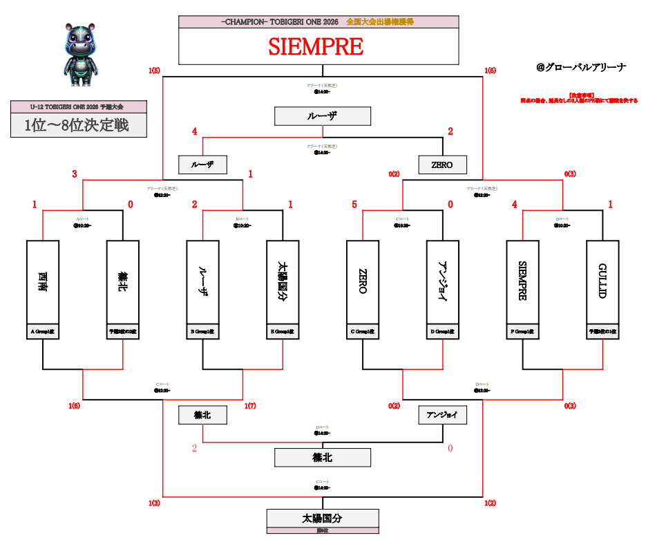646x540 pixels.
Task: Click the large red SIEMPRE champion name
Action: coord(316,46)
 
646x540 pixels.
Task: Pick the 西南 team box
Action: coord(43,281)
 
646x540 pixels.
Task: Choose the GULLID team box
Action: coord(602,281)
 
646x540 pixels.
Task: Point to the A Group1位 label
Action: coord(43,332)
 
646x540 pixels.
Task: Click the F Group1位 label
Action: coord(523,332)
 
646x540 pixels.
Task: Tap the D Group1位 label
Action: coord(443,332)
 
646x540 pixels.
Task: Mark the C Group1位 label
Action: coord(363,332)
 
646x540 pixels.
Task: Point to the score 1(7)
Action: coord(250,406)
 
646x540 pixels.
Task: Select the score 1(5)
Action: coord(153,71)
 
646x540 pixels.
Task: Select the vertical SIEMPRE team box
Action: coord(523,281)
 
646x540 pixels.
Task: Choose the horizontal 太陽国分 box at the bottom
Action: coord(323,518)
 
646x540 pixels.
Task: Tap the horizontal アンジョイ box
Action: coord(443,415)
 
